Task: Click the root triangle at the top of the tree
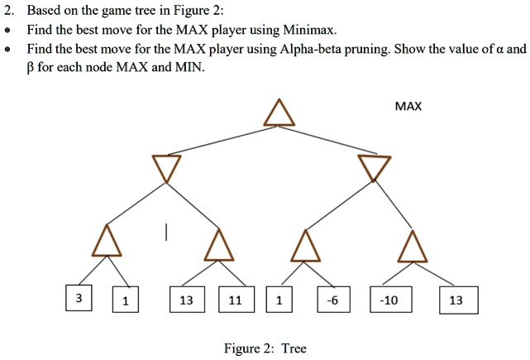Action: point(279,114)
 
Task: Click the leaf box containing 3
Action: point(77,298)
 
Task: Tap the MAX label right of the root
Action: point(408,106)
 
